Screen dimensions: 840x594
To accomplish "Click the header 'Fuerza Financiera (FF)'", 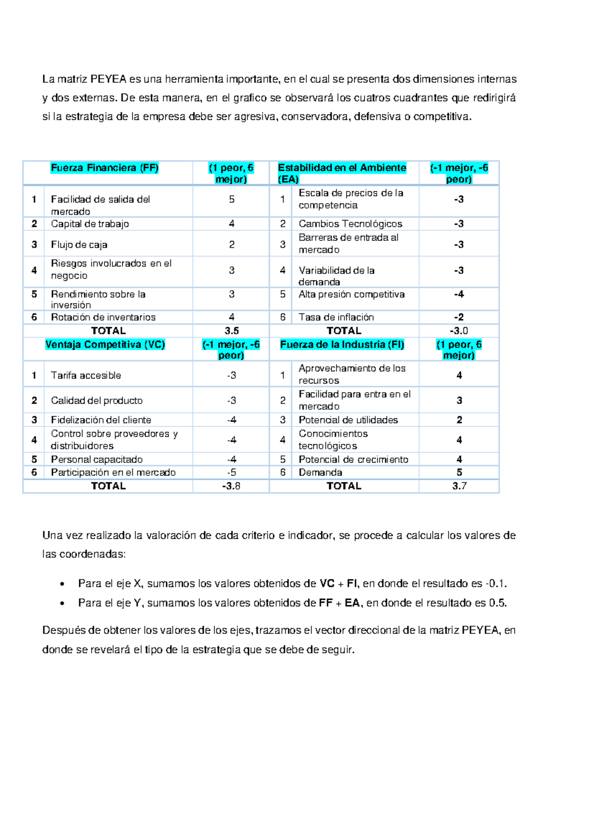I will [x=104, y=168].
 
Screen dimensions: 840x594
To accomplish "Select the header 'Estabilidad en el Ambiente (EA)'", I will [x=342, y=173].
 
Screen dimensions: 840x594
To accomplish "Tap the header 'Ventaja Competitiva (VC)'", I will [x=105, y=344].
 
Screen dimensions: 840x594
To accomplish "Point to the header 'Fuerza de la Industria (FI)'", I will [x=342, y=344].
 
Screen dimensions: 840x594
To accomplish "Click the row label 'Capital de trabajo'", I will [x=90, y=224].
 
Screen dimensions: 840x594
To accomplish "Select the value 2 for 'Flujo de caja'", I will [x=232, y=245].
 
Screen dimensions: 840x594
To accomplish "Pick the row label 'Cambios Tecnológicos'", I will [x=350, y=224].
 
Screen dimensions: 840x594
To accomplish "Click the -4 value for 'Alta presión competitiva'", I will [x=459, y=294].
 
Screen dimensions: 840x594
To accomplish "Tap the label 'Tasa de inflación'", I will [x=336, y=317].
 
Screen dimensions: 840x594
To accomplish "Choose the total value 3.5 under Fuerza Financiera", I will [x=232, y=331].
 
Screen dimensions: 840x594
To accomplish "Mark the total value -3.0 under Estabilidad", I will [x=459, y=331].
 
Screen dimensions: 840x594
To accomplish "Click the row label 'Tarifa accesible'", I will [x=86, y=375].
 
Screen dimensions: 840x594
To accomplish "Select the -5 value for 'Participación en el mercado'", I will [x=232, y=472].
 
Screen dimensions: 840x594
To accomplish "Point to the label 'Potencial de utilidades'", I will [x=348, y=420].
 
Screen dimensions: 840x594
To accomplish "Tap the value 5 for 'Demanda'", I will [x=459, y=472].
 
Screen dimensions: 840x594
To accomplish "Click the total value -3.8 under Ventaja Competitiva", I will [x=231, y=486].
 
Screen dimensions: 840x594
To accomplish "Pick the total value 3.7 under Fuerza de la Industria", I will [x=459, y=486].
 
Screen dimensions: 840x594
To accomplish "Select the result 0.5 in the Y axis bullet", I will [x=497, y=603].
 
